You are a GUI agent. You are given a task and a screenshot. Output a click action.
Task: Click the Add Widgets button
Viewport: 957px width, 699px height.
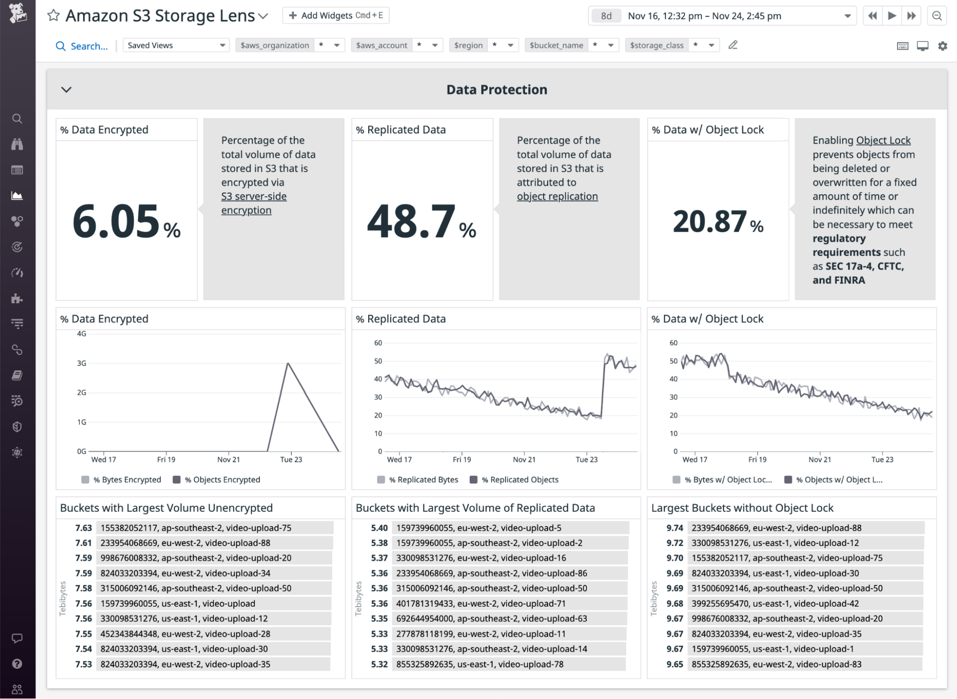pos(336,15)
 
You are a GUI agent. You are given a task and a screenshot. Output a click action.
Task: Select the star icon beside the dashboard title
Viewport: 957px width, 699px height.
pos(53,15)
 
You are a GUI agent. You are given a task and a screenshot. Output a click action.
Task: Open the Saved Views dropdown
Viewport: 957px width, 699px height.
pos(176,45)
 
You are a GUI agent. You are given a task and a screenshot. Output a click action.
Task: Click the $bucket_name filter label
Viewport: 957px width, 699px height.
pos(556,45)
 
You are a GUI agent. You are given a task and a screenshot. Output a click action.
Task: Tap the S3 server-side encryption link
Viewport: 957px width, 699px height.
pos(254,203)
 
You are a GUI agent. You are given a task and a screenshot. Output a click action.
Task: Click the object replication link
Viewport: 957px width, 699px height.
pos(557,196)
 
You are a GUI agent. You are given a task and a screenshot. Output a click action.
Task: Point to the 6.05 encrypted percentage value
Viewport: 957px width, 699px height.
pos(116,221)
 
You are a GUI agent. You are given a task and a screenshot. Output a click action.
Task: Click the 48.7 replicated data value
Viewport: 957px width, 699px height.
pos(411,221)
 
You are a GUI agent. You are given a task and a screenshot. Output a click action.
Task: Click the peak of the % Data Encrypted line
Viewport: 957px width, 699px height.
pos(288,363)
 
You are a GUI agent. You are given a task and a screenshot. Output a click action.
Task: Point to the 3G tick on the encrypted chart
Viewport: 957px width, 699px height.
pos(82,363)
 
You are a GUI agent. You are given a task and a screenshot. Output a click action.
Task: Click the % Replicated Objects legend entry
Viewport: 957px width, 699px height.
pos(519,480)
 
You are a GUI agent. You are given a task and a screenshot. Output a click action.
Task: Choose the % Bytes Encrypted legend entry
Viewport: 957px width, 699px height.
pos(126,480)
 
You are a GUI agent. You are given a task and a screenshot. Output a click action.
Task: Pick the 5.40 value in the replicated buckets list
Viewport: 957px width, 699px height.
pos(379,528)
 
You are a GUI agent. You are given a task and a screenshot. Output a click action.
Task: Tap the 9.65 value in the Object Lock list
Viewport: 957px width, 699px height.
pos(675,665)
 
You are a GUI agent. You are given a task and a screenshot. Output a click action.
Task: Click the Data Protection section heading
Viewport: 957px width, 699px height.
pos(496,90)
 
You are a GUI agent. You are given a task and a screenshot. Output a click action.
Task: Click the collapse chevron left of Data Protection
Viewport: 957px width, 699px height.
pos(67,90)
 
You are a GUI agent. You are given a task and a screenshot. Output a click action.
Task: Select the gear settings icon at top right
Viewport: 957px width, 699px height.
pos(943,46)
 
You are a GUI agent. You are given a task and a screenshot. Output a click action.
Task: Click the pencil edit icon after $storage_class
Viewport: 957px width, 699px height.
pos(733,45)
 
